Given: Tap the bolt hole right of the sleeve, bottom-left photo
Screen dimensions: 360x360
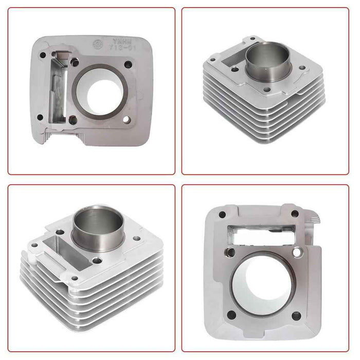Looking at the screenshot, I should [136, 238].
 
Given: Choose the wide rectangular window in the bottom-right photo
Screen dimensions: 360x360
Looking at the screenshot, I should [255, 234].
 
